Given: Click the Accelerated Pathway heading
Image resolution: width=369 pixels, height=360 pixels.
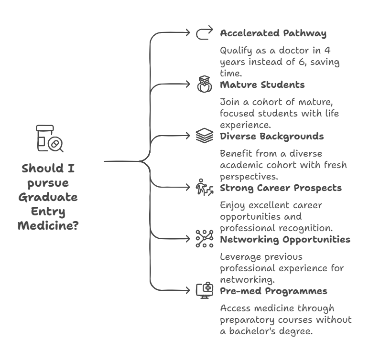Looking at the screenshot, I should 273,33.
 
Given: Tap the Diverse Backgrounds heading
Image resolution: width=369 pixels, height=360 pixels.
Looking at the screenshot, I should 271,137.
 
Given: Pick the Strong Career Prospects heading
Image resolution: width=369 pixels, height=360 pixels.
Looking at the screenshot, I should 281,188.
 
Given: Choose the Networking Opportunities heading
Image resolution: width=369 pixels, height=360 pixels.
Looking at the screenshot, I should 285,239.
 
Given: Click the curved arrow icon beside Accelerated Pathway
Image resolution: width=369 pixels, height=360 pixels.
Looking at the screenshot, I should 204,33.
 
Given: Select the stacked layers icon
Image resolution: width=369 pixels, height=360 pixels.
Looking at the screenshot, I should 204,137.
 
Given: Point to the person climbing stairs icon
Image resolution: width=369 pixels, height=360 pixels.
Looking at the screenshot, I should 204,188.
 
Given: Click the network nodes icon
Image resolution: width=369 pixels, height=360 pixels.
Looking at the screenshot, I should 204,239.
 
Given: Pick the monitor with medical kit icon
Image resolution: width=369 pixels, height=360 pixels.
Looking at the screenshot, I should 204,290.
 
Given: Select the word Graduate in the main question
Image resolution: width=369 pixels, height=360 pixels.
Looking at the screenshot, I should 48,197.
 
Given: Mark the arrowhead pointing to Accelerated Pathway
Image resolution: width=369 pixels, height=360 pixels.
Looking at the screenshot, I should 188,33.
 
